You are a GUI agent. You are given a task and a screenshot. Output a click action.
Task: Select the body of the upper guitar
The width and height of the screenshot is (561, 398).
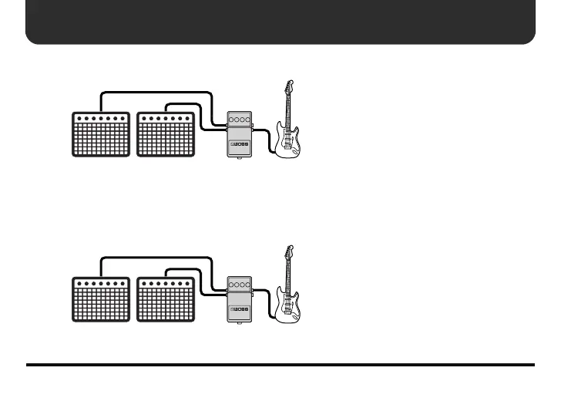287,143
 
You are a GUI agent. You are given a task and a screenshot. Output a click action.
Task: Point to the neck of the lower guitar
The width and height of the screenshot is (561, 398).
290,275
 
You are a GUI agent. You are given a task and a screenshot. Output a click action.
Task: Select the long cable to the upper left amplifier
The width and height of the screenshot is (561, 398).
154,93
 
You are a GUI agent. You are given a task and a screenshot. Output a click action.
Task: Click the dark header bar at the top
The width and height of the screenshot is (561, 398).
280,22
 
